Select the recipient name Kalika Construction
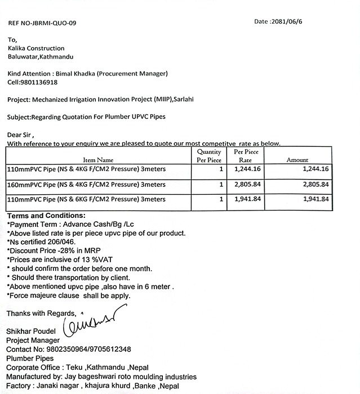[35, 48]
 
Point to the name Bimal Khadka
[94, 74]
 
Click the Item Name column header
[98, 160]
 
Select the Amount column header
[297, 160]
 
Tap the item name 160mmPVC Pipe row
[86, 184]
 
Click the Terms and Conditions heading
[46, 216]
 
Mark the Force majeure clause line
[68, 295]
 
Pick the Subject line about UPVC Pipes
[87, 117]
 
